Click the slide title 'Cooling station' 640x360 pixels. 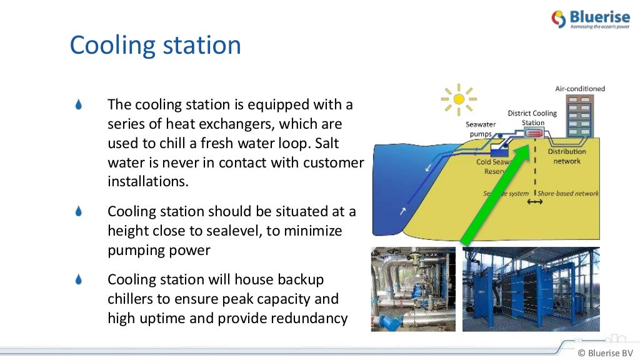coord(155,46)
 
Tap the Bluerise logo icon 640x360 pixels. coord(558,19)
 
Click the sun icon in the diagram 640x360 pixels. coord(459,99)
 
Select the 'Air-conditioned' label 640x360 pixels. coord(580,89)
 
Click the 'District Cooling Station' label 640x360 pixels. coord(532,117)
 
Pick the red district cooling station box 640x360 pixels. coord(534,134)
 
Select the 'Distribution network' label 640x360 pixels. coord(567,156)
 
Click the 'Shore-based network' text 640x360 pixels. coord(568,194)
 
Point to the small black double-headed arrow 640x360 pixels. coord(534,204)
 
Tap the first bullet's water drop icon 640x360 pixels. coord(79,104)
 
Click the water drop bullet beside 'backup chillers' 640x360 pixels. coord(79,279)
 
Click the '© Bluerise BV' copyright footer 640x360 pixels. coord(606,352)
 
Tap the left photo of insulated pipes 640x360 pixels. coord(413,289)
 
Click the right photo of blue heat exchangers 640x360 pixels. coord(531,289)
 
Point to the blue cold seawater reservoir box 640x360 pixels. coord(499,150)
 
